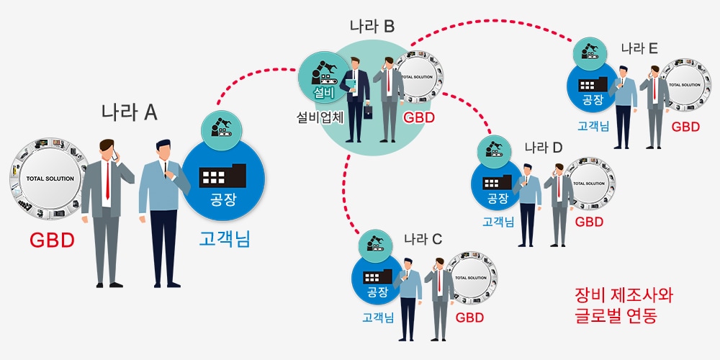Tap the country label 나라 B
pos(372,27)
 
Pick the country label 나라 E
pos(639,48)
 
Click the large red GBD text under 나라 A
pos(52,240)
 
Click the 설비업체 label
pos(320,116)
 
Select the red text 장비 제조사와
pos(623,295)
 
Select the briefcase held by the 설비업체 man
pos(368,114)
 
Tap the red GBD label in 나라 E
pos(685,127)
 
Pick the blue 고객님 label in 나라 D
pos(498,221)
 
